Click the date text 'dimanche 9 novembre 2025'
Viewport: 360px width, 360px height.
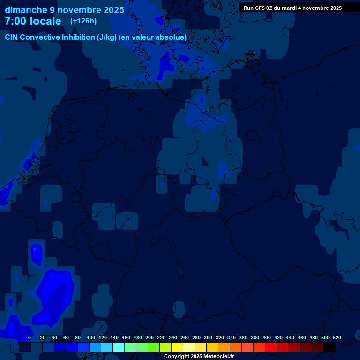coord(65,10)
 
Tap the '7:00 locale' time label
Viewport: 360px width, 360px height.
coord(33,21)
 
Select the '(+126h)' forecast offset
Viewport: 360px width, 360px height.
coord(83,21)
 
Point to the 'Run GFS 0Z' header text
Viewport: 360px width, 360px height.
coord(257,8)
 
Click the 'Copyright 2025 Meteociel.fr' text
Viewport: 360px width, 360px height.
coord(199,356)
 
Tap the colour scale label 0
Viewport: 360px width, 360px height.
coord(30,337)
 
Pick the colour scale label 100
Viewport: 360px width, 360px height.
coord(91,337)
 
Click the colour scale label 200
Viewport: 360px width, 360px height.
coord(150,337)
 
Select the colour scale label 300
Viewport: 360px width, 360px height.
coord(208,337)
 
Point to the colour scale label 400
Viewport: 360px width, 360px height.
coord(267,337)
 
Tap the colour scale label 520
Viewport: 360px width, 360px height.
coord(337,337)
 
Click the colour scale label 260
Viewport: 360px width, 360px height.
coord(185,337)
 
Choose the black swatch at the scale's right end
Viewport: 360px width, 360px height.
coord(330,347)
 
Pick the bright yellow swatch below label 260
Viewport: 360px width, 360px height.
coord(177,347)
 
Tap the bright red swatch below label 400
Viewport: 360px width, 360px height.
coord(271,347)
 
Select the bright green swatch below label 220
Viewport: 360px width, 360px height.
coord(154,347)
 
